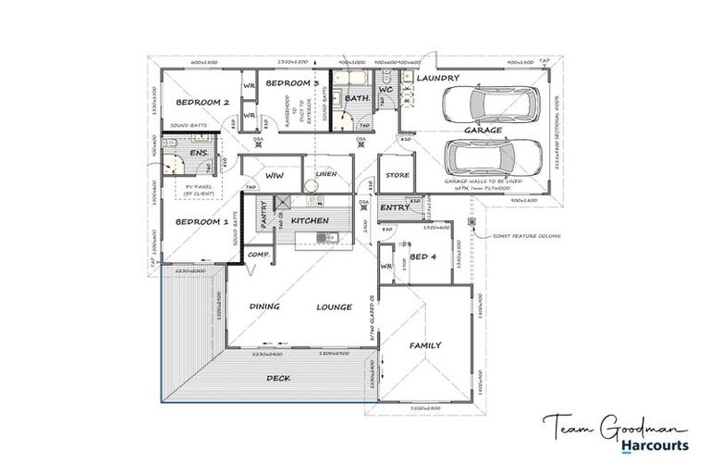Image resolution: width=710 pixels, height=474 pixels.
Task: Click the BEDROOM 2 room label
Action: (x=202, y=103)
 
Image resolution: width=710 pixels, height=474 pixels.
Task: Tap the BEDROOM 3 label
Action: (x=292, y=83)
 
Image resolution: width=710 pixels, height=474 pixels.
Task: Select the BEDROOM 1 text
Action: (x=202, y=222)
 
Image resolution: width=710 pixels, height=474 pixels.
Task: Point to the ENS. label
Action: (x=198, y=153)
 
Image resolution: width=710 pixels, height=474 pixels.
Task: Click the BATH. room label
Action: (x=357, y=98)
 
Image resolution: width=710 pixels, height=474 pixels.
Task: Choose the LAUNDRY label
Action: (x=437, y=79)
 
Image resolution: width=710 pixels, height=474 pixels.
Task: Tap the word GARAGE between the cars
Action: (x=483, y=131)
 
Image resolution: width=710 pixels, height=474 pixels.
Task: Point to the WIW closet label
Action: (x=274, y=174)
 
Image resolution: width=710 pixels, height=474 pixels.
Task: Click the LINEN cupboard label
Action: (x=326, y=174)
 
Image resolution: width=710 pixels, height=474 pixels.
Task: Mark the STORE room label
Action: (x=398, y=174)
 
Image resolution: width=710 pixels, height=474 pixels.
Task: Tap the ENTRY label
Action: (x=394, y=207)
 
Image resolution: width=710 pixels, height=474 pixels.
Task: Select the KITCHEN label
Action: (x=311, y=222)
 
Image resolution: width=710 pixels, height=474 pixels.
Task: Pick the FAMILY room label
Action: (x=425, y=345)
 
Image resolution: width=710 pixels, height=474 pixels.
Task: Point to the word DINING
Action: (x=264, y=306)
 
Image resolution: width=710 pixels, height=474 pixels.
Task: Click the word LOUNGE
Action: (x=335, y=306)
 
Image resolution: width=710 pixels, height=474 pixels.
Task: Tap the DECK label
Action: (x=278, y=378)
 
